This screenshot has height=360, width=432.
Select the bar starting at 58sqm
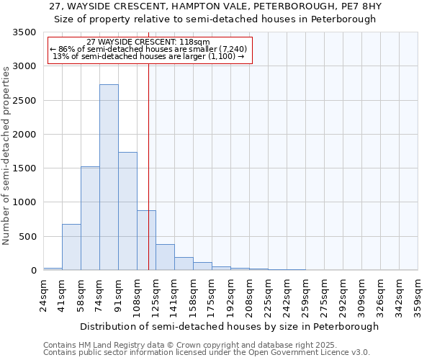coord(90,218)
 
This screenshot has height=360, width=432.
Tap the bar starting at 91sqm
coord(127,211)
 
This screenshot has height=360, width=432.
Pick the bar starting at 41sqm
coord(71,247)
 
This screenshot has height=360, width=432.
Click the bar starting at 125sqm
coord(165,257)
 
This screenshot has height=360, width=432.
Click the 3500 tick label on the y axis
coord(24,32)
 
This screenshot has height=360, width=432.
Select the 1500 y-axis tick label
coord(24,168)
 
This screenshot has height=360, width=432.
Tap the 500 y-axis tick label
coord(27,237)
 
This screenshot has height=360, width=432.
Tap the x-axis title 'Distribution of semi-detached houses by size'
coord(229,326)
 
